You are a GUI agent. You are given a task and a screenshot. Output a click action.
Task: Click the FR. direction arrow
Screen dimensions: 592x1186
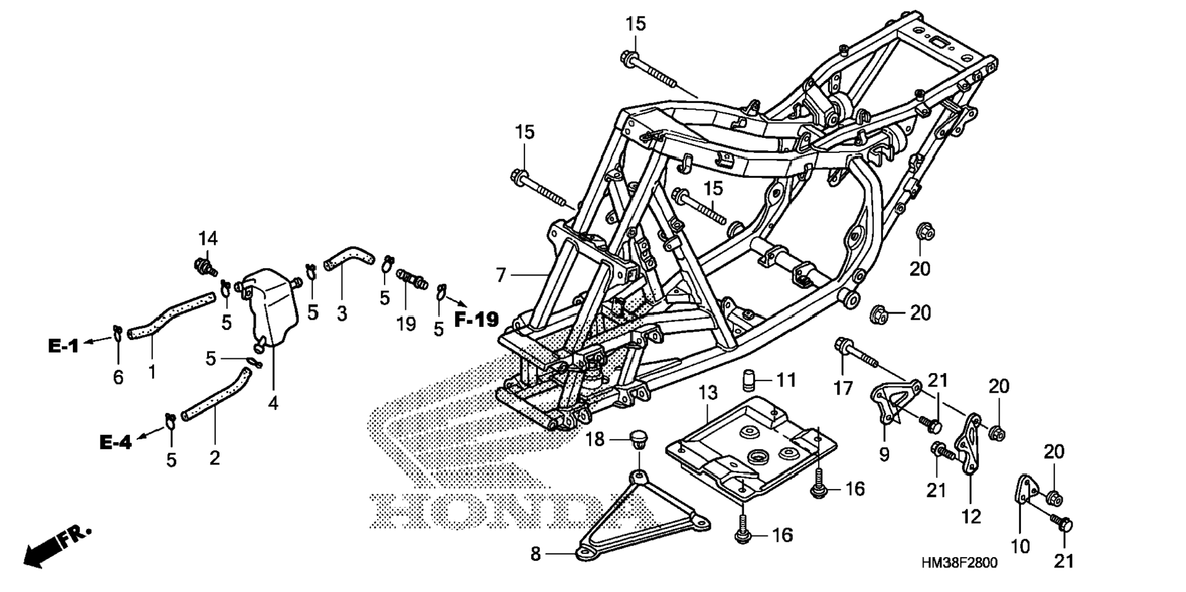[x=55, y=546]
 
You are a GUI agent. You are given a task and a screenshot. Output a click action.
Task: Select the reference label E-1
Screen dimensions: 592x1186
[x=63, y=346]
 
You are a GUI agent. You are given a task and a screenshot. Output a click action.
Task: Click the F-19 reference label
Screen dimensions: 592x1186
[x=476, y=318]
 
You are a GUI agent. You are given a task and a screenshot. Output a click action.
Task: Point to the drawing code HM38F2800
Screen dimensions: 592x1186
[x=958, y=563]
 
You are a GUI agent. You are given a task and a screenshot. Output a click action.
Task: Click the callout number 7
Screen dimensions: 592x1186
[x=501, y=275]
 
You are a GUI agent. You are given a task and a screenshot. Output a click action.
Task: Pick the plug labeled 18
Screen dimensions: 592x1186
[x=638, y=438]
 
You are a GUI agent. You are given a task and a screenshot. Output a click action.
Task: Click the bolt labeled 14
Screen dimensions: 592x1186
[x=205, y=267]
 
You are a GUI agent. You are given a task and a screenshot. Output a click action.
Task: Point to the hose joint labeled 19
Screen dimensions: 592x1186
[x=411, y=279]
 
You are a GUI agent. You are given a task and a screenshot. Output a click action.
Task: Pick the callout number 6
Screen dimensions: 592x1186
[x=118, y=377]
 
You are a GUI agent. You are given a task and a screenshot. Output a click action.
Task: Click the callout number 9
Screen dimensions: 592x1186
[x=884, y=455]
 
